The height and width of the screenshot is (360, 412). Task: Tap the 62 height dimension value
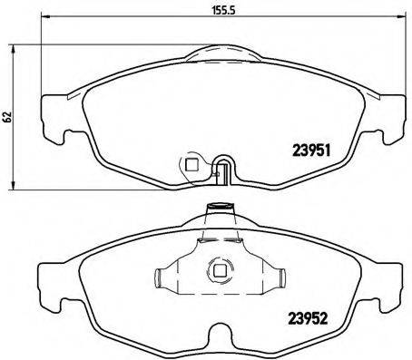pos(7,117)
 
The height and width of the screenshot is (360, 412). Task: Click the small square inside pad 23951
pos(191,165)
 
